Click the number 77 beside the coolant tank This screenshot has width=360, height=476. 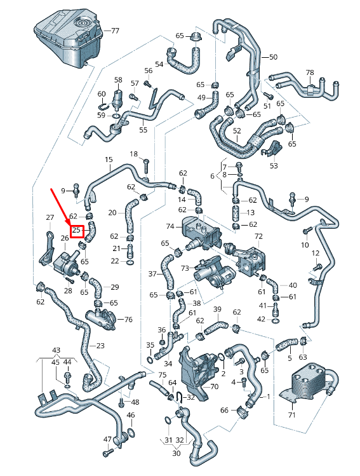[x=115, y=31]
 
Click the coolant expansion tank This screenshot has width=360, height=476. [x=68, y=38]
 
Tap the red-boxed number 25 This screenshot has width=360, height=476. [x=76, y=231]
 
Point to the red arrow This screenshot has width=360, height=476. [x=61, y=207]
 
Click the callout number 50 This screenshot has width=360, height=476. [x=273, y=57]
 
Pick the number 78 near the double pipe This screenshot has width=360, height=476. [x=310, y=72]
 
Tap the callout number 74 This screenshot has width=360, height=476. [x=170, y=226]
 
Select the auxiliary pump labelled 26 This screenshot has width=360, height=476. [x=66, y=261]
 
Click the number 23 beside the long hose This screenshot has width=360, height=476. [x=100, y=346]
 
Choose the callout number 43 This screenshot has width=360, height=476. [x=57, y=350]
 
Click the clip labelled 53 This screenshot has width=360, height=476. [x=272, y=149]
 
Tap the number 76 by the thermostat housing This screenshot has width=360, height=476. [x=129, y=320]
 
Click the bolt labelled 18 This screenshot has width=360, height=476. [x=146, y=167]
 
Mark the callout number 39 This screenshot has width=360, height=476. [x=217, y=309]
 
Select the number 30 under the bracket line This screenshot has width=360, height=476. [x=177, y=453]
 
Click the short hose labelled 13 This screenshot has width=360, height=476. [x=236, y=212]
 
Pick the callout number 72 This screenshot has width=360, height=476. [x=258, y=236]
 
